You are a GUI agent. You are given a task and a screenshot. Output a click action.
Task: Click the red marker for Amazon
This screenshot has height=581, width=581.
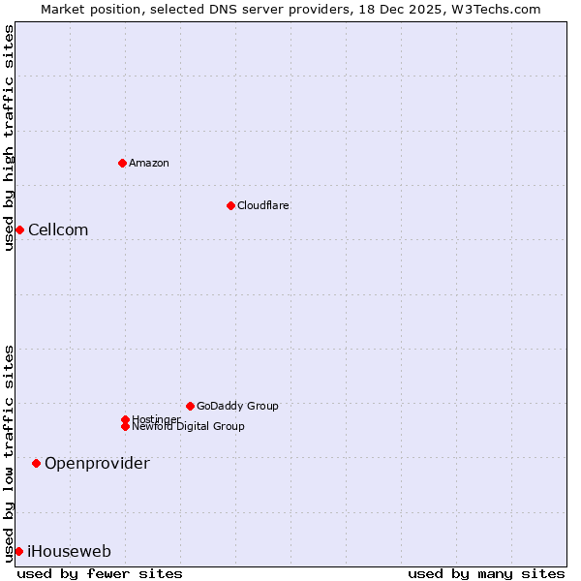[122, 163]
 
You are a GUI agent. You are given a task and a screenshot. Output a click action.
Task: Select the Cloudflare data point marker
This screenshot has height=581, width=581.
[230, 205]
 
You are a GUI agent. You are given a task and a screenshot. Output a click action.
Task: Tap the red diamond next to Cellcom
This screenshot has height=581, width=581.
[19, 229]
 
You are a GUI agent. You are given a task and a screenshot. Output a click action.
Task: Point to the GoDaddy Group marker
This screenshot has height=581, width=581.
[190, 406]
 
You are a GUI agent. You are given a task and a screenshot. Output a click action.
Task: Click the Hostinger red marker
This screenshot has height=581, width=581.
[125, 419]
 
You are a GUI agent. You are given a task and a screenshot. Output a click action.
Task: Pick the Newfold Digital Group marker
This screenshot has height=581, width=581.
[125, 426]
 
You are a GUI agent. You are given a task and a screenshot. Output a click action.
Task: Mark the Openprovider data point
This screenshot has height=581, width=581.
[36, 464]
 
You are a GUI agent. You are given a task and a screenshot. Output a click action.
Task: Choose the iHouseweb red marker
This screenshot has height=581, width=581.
[18, 551]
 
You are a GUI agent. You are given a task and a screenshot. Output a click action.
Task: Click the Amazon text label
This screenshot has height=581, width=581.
[149, 163]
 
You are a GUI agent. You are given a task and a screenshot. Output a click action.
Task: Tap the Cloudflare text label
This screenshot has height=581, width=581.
[262, 205]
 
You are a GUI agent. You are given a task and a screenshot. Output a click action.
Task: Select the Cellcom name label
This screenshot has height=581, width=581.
[58, 229]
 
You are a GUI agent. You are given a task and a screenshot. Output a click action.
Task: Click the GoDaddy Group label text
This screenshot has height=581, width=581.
[237, 406]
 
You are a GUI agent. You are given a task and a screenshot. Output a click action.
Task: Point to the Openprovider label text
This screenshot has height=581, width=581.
[97, 464]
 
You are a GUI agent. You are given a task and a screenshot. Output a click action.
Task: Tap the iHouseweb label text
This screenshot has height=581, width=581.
[69, 552]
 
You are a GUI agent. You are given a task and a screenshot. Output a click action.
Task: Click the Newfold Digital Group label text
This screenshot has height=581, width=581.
[188, 427]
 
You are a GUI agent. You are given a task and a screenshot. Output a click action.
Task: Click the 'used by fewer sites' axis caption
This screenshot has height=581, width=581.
[100, 573]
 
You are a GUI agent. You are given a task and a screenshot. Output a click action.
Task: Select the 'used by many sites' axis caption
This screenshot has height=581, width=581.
[486, 573]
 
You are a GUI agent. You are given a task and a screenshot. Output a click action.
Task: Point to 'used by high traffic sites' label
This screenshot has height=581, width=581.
[9, 138]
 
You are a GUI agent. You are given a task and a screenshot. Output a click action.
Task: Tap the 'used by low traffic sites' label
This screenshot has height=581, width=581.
[9, 453]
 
